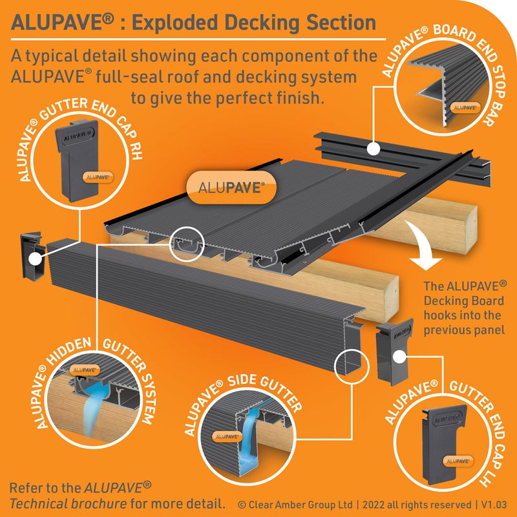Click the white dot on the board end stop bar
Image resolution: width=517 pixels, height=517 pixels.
(x=372, y=149)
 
